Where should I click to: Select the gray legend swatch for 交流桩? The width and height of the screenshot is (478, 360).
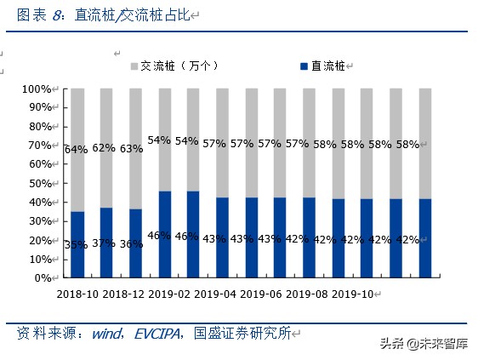click(x=134, y=66)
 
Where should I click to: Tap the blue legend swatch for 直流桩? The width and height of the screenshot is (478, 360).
click(x=304, y=66)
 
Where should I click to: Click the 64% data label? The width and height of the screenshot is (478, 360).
click(x=76, y=150)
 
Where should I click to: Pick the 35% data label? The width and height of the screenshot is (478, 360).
click(x=76, y=244)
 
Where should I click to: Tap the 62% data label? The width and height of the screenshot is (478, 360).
click(x=104, y=147)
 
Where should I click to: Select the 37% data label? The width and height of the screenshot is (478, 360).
click(x=104, y=243)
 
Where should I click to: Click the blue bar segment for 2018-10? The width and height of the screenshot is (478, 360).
click(x=77, y=255)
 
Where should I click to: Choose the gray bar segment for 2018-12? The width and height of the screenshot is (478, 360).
click(x=106, y=119)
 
